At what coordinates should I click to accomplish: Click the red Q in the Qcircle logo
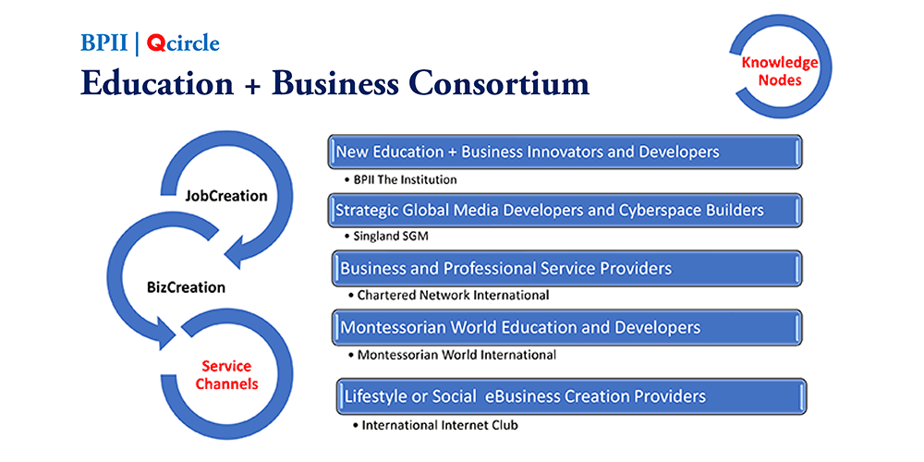click(x=155, y=43)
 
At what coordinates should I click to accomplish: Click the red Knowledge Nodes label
click(x=779, y=71)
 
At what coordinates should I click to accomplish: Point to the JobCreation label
click(x=225, y=196)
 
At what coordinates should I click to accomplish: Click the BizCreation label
click(x=186, y=287)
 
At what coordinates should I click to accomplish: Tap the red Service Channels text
click(x=227, y=375)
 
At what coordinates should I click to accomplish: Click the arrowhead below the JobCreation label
click(x=238, y=252)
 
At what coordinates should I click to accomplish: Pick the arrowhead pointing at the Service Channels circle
click(x=165, y=332)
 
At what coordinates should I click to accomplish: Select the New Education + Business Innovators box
click(x=565, y=152)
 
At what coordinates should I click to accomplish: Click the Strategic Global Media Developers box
click(x=565, y=210)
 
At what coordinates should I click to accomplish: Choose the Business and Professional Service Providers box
click(x=567, y=268)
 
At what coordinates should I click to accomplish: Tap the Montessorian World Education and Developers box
click(x=567, y=327)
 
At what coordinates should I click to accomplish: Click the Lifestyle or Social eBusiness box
click(x=572, y=396)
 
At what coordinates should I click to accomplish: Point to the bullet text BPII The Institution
click(x=401, y=180)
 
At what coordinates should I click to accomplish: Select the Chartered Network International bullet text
click(x=448, y=295)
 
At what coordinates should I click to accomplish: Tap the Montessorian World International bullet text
click(x=452, y=355)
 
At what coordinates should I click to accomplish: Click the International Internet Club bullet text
click(x=435, y=424)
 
